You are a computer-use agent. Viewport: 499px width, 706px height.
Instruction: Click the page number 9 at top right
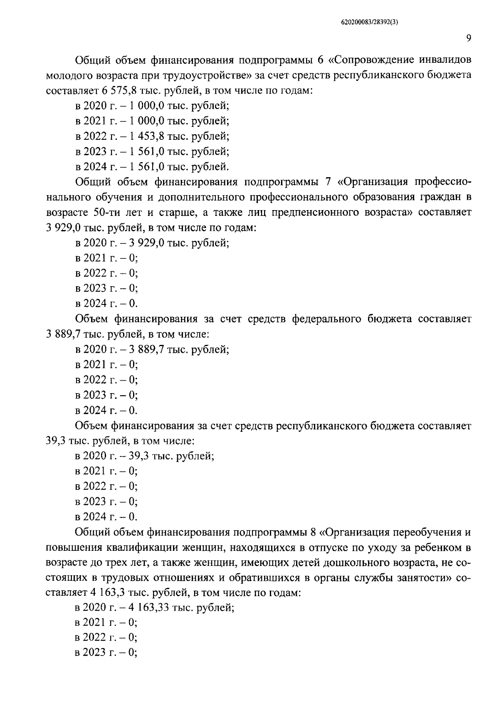coord(468,38)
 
